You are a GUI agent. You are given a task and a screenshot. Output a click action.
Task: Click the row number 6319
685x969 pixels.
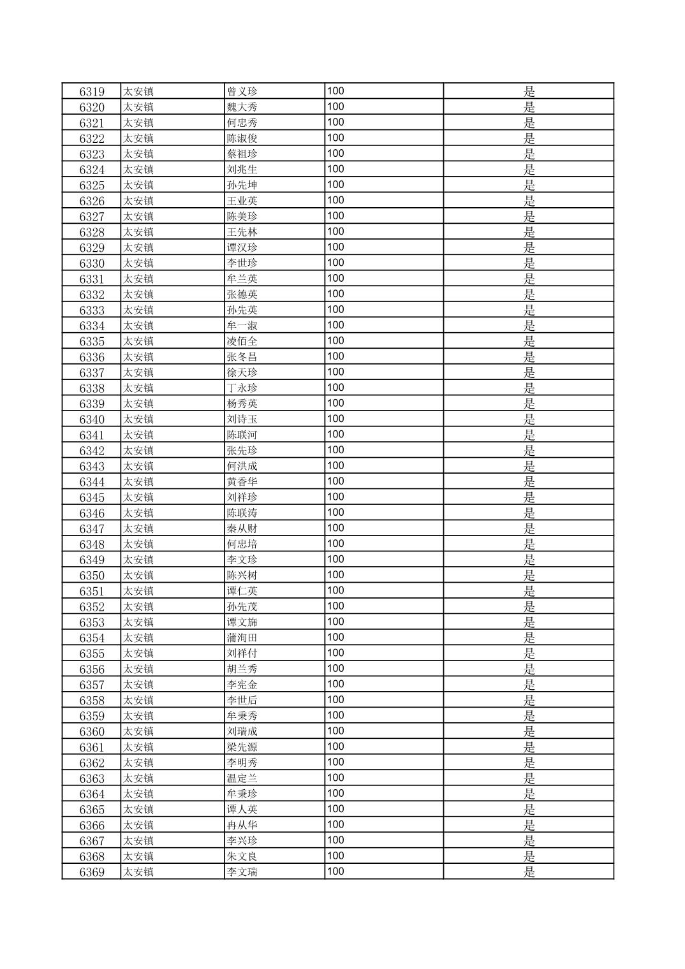(92, 92)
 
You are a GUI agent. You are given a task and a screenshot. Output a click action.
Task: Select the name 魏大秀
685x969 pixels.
(242, 107)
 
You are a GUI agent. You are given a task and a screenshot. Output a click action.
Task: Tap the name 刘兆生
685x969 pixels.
(242, 170)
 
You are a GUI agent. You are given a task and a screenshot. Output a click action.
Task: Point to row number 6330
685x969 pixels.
(92, 263)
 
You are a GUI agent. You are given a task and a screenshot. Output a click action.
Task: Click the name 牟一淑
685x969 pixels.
(242, 326)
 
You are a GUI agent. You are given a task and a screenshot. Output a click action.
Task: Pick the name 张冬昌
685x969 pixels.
(242, 357)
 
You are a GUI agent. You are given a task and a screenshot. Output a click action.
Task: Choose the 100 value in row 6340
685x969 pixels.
(335, 419)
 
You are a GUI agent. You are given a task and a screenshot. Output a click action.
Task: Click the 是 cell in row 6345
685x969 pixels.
(529, 497)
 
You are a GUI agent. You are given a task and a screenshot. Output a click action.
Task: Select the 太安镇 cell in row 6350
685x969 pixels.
(138, 576)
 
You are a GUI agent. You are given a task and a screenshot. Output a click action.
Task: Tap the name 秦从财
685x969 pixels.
(242, 528)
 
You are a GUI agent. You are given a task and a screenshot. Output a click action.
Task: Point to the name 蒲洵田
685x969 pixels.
(242, 638)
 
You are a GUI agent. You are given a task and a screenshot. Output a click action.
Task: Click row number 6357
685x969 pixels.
(92, 685)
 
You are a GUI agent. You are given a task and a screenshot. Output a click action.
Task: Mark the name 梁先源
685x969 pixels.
(242, 747)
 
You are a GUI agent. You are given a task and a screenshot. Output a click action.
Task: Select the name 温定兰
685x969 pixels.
(242, 778)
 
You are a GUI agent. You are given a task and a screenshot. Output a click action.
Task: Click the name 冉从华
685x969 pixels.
(242, 826)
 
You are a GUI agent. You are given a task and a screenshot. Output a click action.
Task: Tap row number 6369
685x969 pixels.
(92, 872)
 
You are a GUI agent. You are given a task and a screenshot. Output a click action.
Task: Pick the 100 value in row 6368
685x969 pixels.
(335, 856)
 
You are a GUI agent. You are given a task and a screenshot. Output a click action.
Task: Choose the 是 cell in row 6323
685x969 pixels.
(529, 154)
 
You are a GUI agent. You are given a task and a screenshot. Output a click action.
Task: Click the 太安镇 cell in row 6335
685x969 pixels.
(138, 341)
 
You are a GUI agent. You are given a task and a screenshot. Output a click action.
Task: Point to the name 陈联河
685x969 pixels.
(242, 435)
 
